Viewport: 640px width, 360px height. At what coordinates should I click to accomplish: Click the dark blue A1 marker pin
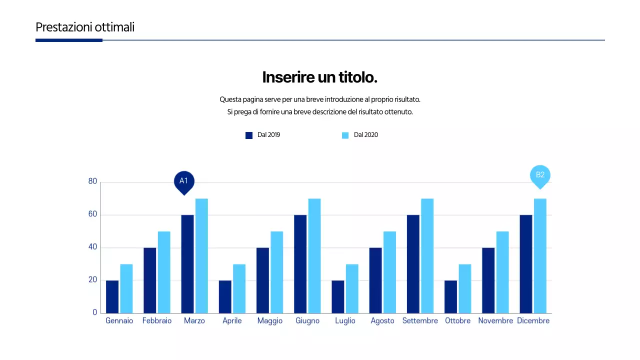pos(183,181)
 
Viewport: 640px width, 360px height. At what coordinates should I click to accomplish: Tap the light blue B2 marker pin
pos(540,175)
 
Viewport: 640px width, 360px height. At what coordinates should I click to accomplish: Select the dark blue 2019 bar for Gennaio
pos(112,296)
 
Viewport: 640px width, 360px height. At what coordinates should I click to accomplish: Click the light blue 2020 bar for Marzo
pos(201,255)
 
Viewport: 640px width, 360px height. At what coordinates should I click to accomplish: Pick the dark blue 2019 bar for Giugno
pos(300,264)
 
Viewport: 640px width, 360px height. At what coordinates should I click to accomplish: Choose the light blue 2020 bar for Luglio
pos(352,288)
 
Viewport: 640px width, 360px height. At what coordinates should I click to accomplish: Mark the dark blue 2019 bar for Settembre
pos(413,264)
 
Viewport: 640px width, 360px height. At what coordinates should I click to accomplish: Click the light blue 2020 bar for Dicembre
pos(540,255)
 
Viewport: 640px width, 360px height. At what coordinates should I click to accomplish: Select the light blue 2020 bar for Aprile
pos(239,288)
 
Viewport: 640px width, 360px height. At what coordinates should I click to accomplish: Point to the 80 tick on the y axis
pos(92,181)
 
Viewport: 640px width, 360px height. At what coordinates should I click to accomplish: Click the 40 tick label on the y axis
pos(92,247)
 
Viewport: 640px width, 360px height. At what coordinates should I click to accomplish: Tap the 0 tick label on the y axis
pos(94,312)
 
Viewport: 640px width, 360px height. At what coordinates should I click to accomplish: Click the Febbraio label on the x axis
pos(156,321)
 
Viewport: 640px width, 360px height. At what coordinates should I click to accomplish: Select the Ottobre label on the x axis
pos(457,321)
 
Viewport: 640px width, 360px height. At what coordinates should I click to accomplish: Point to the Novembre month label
pos(495,321)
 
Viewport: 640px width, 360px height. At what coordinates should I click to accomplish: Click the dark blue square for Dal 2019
pos(249,135)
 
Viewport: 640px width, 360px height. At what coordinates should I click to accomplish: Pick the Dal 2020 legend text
pos(365,135)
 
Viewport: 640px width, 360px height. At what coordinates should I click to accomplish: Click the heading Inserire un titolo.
pos(319,77)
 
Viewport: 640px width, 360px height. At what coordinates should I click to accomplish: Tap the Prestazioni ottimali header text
pos(85,27)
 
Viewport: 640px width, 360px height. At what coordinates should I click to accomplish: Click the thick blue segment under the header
pos(69,40)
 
